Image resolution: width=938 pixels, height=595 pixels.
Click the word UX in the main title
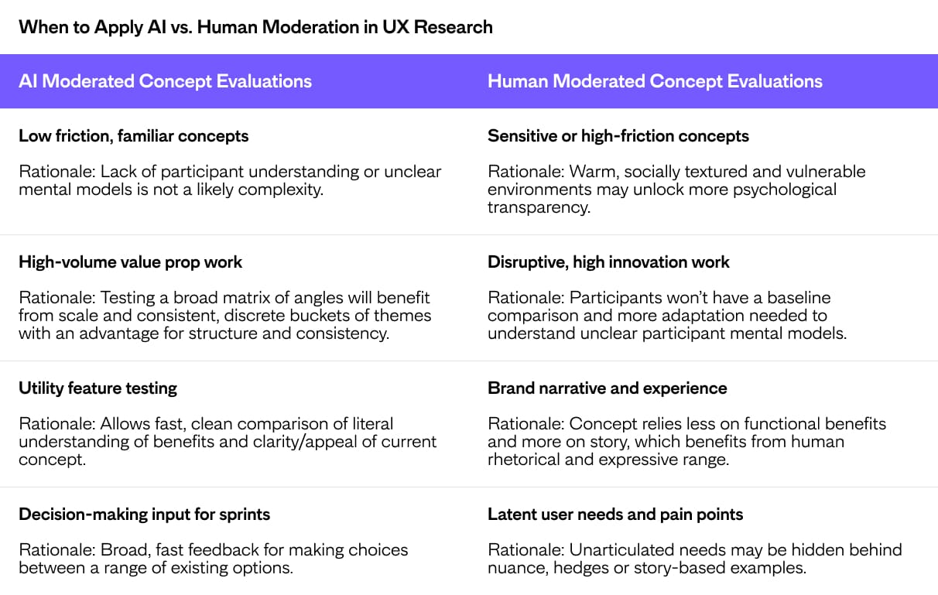click(x=395, y=27)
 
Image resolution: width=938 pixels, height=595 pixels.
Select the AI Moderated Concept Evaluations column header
click(x=165, y=81)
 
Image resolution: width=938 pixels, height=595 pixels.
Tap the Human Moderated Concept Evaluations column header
click(x=655, y=81)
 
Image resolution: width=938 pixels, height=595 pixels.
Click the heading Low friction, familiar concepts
click(x=134, y=136)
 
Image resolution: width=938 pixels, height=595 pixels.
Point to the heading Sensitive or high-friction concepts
click(x=618, y=136)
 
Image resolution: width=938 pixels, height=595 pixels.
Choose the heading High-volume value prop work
click(x=130, y=262)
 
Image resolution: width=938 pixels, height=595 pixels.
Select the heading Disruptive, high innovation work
click(x=608, y=262)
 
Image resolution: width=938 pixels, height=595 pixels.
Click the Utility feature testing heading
click(x=98, y=388)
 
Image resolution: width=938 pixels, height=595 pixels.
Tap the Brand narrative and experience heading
click(x=608, y=388)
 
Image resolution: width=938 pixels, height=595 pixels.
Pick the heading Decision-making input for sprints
click(x=145, y=515)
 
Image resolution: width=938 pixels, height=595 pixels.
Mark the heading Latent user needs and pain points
click(x=615, y=515)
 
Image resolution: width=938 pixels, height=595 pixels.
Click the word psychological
click(x=784, y=190)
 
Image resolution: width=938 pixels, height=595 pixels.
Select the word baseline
click(x=799, y=298)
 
